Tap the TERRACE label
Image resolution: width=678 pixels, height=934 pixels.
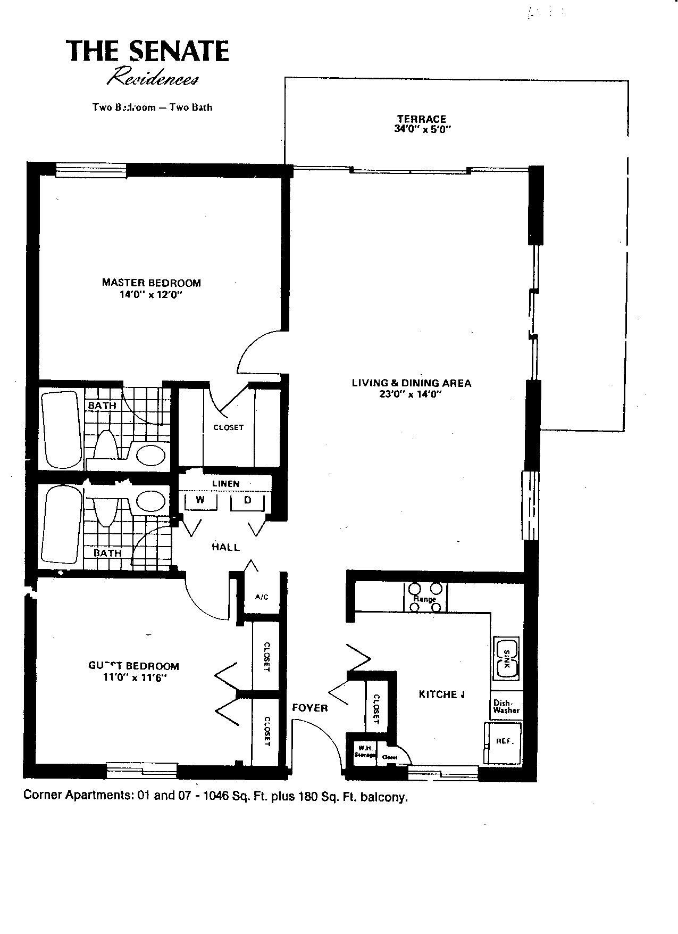click(x=421, y=119)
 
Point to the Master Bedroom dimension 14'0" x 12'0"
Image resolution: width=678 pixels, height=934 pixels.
click(x=151, y=294)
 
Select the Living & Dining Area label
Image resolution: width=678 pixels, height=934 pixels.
click(x=412, y=383)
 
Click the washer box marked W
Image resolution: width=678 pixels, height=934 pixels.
click(x=200, y=500)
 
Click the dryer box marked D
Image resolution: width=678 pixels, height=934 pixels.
click(x=247, y=500)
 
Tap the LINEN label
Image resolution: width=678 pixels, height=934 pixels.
click(x=225, y=484)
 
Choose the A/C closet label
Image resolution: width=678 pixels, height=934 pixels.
click(x=261, y=597)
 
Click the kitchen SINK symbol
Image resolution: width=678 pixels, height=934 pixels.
click(x=506, y=658)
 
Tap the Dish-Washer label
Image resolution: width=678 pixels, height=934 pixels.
click(x=506, y=706)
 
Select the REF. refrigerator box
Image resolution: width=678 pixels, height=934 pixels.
click(x=504, y=741)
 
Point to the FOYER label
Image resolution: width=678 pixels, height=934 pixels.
click(x=310, y=708)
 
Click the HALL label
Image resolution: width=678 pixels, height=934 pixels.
click(x=225, y=547)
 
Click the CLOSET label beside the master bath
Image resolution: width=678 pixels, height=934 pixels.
click(x=228, y=427)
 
